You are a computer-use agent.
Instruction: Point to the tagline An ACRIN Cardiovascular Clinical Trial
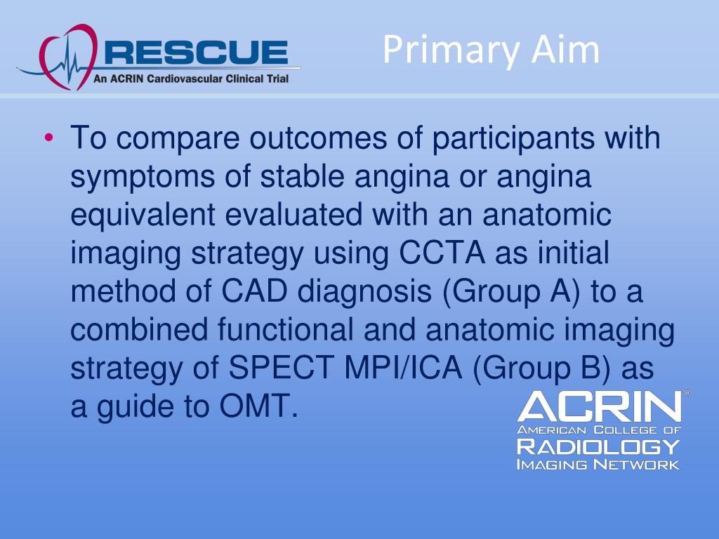coord(191,79)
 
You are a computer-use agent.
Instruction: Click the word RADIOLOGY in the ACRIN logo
coord(598,446)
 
